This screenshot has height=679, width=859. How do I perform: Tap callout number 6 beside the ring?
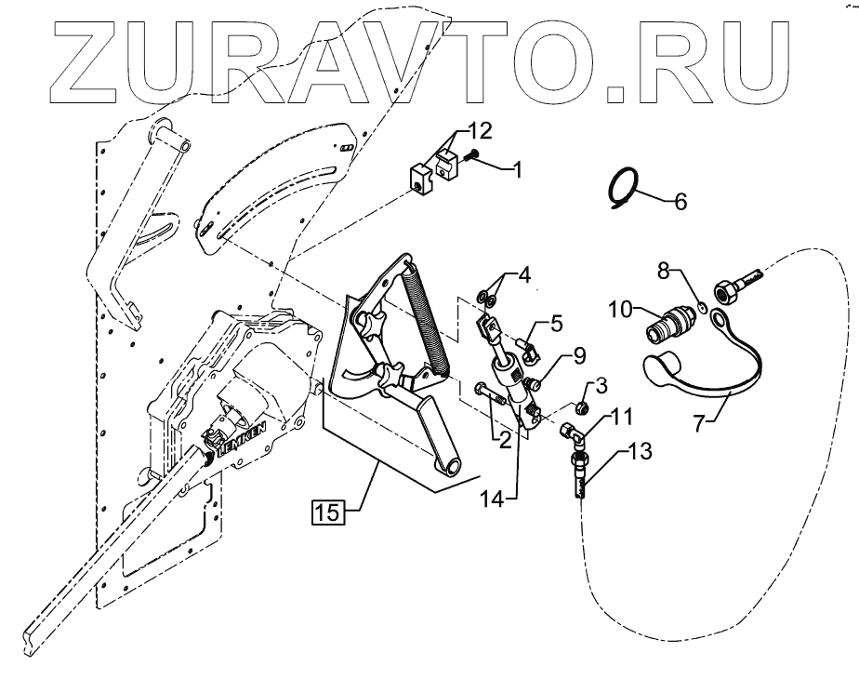pyautogui.click(x=681, y=201)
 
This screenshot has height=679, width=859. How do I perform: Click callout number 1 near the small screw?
pyautogui.click(x=518, y=169)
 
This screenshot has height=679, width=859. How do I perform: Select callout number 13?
pyautogui.click(x=641, y=453)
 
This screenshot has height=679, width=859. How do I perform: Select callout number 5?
pyautogui.click(x=556, y=325)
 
